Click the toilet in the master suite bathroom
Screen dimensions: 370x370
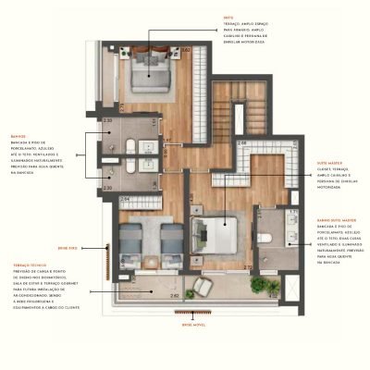(265, 237)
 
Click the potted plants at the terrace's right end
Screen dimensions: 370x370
(268, 286)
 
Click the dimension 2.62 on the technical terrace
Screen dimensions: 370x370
(174, 295)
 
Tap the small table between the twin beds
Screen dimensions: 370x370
(153, 228)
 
